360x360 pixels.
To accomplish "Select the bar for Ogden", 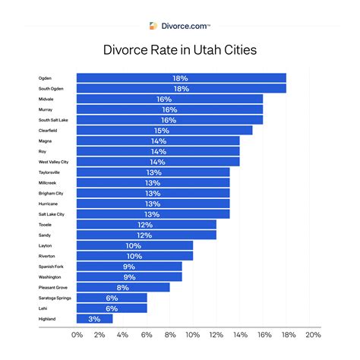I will [x=181, y=77].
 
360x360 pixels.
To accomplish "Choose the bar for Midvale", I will [x=169, y=99].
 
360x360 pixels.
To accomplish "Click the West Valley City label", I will [x=54, y=162].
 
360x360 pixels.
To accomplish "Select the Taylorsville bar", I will [x=153, y=172].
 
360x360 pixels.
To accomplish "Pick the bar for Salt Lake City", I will [x=153, y=214].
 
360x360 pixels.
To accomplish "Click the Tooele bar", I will [x=147, y=225].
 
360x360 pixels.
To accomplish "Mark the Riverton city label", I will [x=48, y=257].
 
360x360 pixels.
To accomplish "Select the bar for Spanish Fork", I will [x=129, y=267].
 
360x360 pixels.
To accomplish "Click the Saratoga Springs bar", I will [x=112, y=298].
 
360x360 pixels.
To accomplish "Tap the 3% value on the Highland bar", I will [x=95, y=319].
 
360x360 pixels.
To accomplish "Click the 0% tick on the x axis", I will [x=77, y=335].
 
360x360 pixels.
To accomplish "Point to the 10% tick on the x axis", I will [x=193, y=335].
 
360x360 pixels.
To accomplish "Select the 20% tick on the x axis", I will [x=311, y=335].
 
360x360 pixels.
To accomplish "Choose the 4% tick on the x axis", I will [x=124, y=335].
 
